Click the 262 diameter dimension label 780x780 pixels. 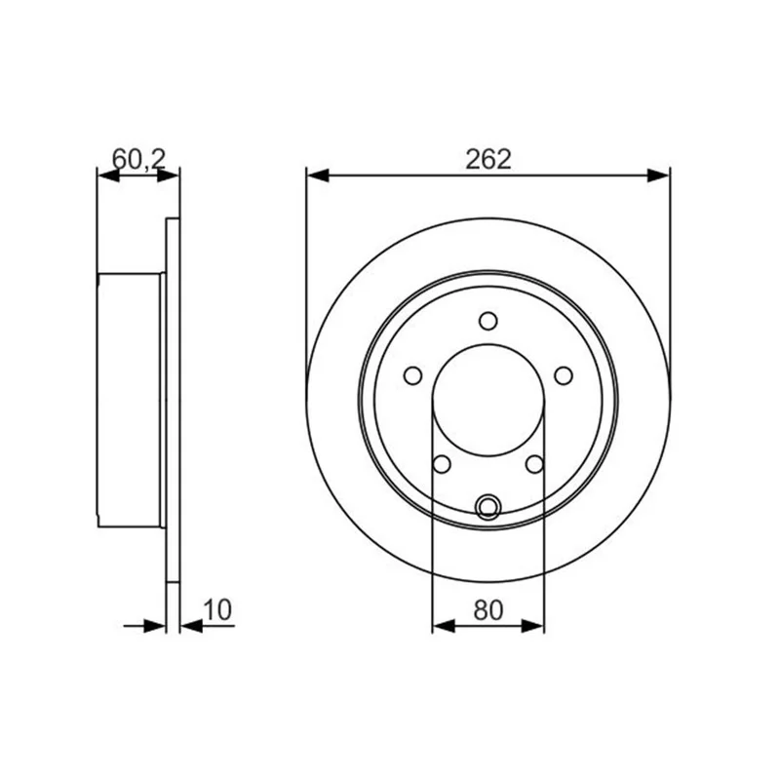point(488,160)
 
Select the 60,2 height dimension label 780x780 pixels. point(138,159)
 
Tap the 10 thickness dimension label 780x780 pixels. point(217,610)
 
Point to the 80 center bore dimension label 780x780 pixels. point(488,610)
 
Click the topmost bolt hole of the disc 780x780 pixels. point(488,321)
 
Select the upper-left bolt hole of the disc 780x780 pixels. point(412,375)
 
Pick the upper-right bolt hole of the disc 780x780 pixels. point(564,375)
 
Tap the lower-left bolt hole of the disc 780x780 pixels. point(442,464)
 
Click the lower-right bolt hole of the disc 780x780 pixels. point(534,464)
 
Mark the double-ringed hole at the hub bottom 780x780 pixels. point(488,507)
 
